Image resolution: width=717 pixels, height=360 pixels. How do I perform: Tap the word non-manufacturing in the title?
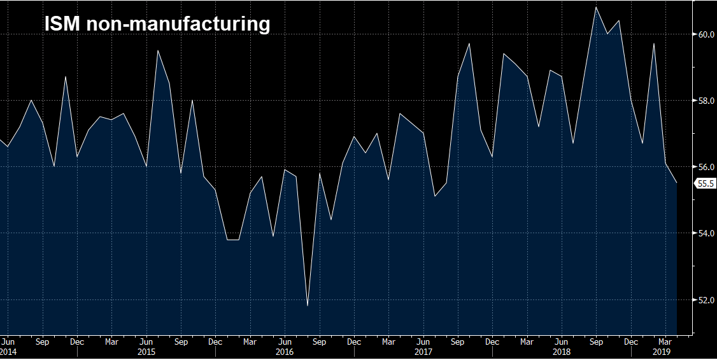click(x=178, y=24)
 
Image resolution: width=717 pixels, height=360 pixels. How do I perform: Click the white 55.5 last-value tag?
click(x=706, y=184)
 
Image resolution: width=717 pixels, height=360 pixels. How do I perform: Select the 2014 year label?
click(x=8, y=351)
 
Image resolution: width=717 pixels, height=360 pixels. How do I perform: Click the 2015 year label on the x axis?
click(x=146, y=351)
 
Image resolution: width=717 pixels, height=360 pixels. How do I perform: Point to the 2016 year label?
click(x=285, y=351)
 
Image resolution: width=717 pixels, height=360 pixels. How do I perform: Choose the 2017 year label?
click(x=423, y=351)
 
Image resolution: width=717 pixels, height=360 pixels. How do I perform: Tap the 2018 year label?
click(x=562, y=351)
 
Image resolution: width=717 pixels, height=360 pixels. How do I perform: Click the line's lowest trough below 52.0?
click(x=308, y=306)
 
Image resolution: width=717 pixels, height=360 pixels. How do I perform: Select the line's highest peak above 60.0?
click(x=596, y=7)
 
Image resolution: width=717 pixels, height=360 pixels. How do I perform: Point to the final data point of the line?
click(x=676, y=183)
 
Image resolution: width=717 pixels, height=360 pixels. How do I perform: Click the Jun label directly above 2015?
click(x=146, y=342)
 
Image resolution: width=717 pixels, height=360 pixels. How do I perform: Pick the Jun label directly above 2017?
click(x=423, y=342)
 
